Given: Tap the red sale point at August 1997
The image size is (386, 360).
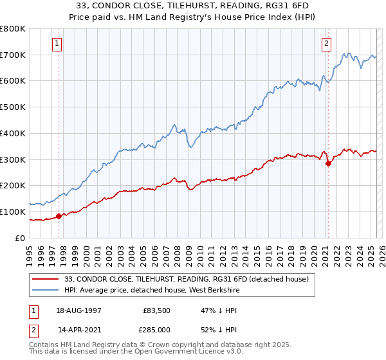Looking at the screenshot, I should [59, 216].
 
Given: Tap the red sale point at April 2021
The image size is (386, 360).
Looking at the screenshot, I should [328, 163].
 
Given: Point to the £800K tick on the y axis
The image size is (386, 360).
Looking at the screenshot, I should [13, 29].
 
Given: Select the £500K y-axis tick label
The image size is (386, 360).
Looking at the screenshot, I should [13, 107].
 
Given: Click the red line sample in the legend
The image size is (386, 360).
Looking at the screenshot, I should [47, 279].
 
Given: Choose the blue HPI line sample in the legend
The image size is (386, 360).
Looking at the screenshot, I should [47, 290].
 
